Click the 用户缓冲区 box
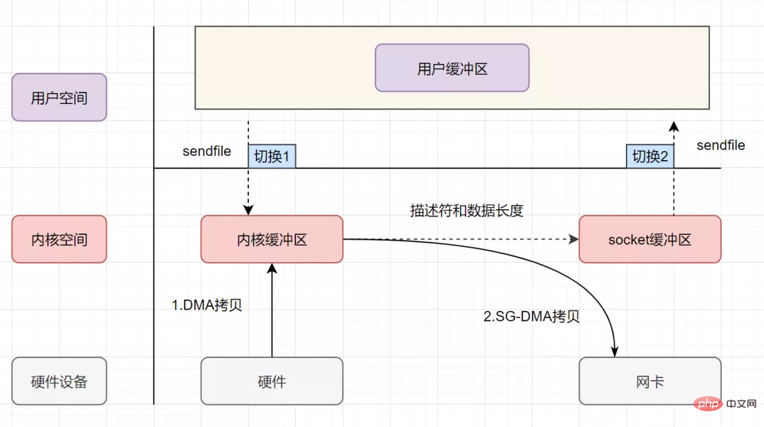point(452,68)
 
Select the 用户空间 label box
point(60,97)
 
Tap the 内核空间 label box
point(60,239)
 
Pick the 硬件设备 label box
point(60,381)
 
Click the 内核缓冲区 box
point(272,239)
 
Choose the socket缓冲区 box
point(650,239)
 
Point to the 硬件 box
point(272,381)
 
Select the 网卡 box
point(650,381)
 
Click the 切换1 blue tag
point(272,157)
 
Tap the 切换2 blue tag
point(650,157)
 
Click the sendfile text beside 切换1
point(206,151)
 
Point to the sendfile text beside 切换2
point(721,145)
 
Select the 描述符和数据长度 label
point(467,211)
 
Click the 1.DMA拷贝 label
point(206,305)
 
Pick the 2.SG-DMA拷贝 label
point(531,317)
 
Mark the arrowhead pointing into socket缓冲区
point(573,239)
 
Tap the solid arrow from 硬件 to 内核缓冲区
point(272,310)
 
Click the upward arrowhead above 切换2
point(674,127)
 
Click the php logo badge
point(708,404)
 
